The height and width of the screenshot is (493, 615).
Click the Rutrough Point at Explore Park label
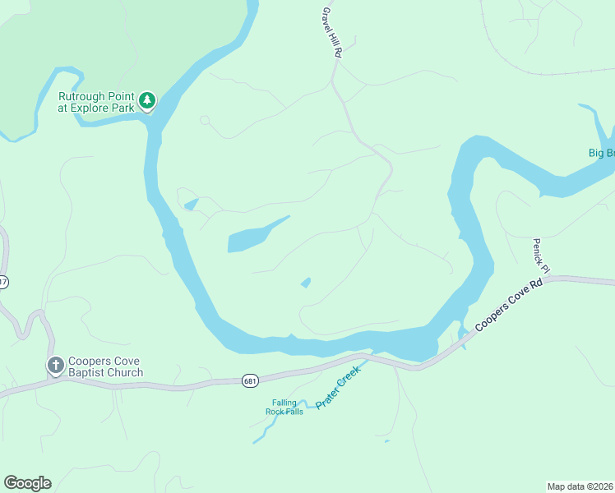pyautogui.click(x=95, y=101)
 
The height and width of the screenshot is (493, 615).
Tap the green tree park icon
pyautogui.click(x=147, y=100)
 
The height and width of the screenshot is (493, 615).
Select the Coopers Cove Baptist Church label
pyautogui.click(x=105, y=366)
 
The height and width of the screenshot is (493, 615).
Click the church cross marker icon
pyautogui.click(x=55, y=366)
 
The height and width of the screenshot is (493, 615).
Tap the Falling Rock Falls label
pyautogui.click(x=284, y=407)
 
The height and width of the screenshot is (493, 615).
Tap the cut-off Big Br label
pyautogui.click(x=601, y=153)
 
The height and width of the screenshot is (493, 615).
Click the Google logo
pyautogui.click(x=27, y=483)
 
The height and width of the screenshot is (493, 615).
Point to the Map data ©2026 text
pyautogui.click(x=580, y=486)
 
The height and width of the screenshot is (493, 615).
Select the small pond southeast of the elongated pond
pyautogui.click(x=306, y=283)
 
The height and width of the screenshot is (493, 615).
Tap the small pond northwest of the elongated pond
pyautogui.click(x=191, y=204)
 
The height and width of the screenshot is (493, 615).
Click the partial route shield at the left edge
pyautogui.click(x=3, y=282)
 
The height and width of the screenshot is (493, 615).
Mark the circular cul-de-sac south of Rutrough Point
pyautogui.click(x=205, y=120)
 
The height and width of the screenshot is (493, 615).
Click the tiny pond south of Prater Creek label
pyautogui.click(x=386, y=441)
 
